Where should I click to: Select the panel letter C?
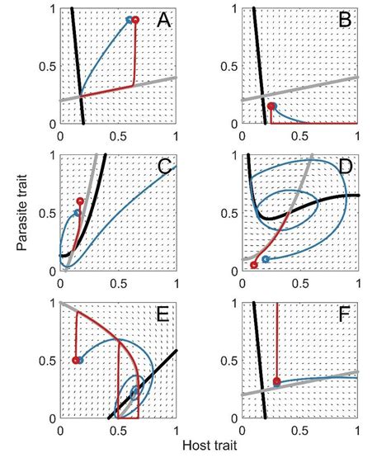coord(163,169)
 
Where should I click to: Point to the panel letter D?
coord(344,169)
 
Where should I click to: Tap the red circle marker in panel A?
coord(135,19)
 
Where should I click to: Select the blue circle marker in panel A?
coord(128,19)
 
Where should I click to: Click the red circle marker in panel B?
coord(272,106)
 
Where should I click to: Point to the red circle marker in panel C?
coord(80,201)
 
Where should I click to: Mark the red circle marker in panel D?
coord(254,265)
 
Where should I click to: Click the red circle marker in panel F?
coord(276,381)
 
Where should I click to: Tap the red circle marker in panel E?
coord(76,360)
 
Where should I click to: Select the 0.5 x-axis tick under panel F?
coord(299,431)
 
